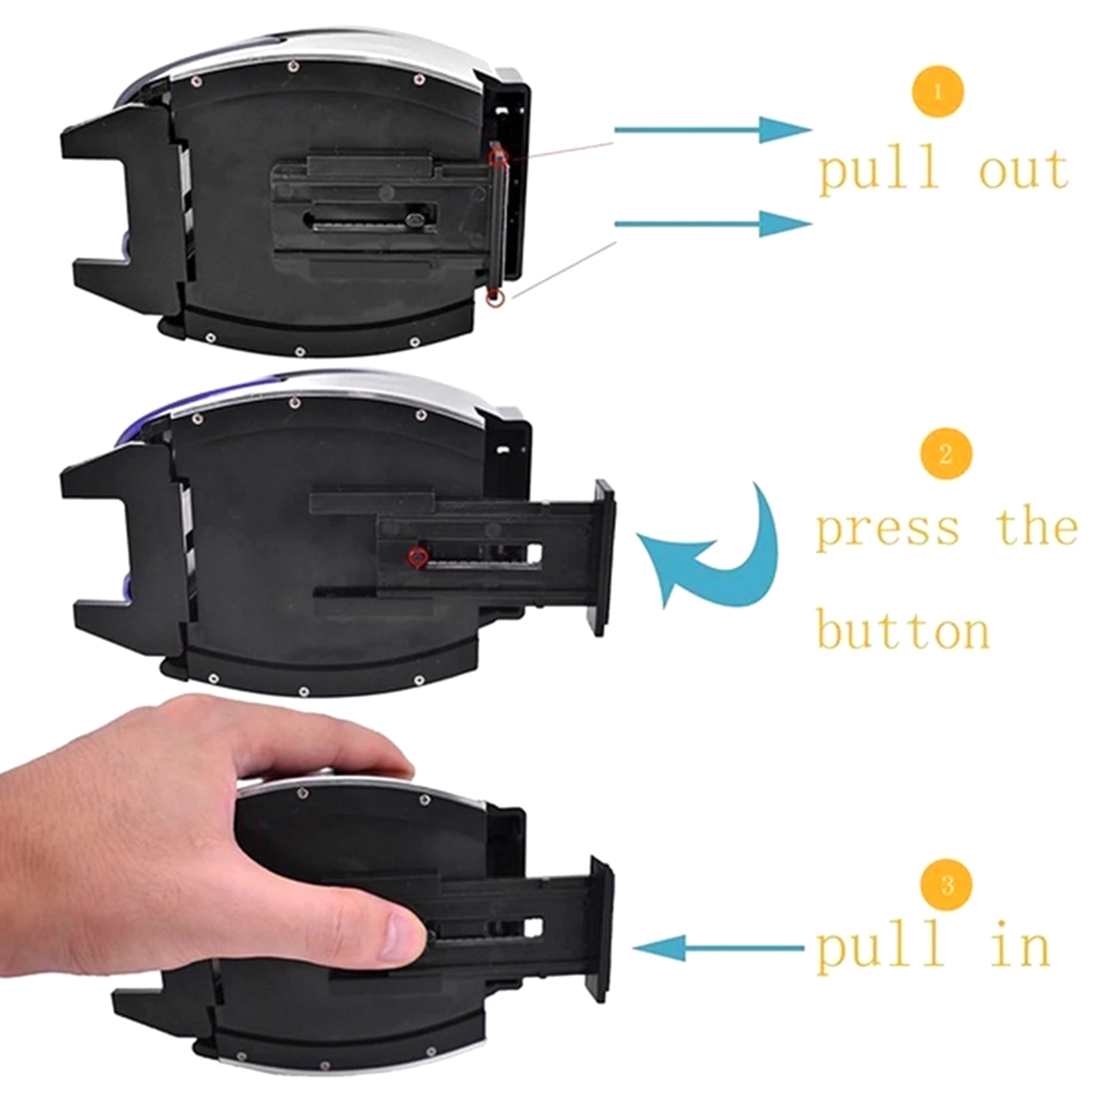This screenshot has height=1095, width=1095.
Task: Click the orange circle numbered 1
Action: [938, 92]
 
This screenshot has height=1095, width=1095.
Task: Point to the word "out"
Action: [1024, 170]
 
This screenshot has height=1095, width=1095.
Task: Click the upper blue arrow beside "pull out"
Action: [712, 129]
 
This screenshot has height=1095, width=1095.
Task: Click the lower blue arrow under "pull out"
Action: [712, 223]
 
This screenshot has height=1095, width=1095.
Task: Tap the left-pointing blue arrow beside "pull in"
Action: [719, 947]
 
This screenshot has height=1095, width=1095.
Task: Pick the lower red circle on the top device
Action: [494, 298]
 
